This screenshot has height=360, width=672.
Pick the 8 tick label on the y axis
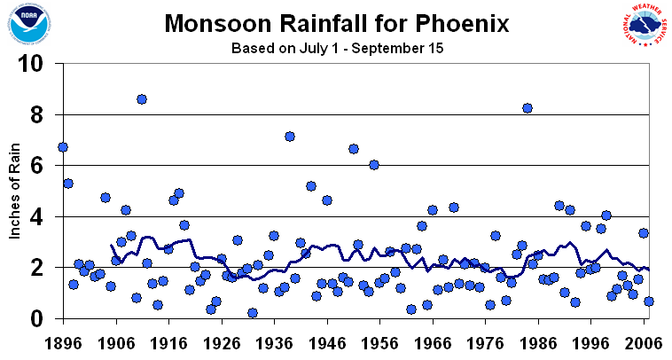(41, 115)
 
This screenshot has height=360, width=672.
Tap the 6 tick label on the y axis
(41, 166)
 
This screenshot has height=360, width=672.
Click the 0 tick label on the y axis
(41, 318)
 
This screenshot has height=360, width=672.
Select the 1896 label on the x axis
(62, 340)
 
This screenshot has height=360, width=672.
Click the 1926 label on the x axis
(222, 340)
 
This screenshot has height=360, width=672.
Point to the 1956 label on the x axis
(380, 340)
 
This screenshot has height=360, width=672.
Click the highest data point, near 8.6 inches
(142, 99)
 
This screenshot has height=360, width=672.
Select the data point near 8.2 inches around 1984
(527, 108)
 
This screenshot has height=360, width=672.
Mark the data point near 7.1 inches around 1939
(290, 137)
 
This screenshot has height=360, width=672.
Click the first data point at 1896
(62, 147)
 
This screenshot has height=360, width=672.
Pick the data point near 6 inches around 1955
(374, 165)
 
